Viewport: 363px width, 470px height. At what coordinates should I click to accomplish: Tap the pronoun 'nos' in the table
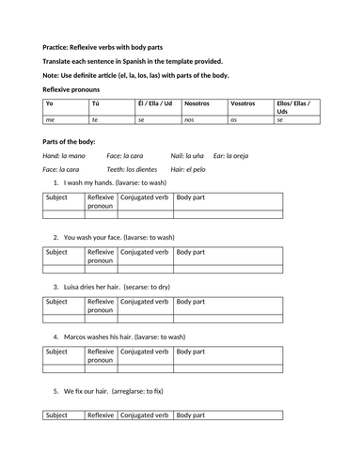(191, 120)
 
